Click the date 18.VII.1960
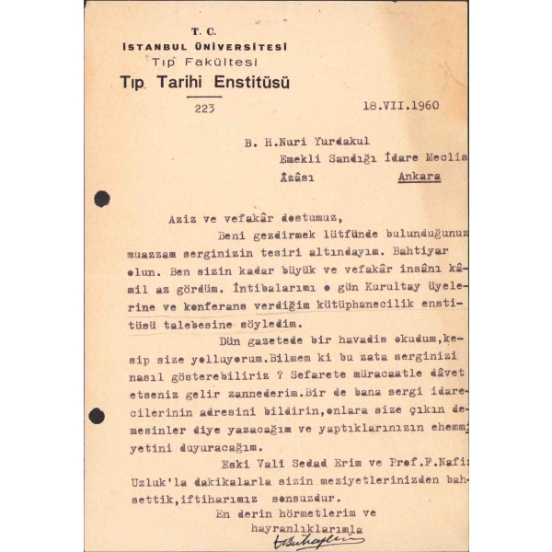[400, 105]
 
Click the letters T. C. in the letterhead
[203, 32]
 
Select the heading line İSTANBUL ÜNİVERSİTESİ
[204, 46]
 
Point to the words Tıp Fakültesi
[203, 61]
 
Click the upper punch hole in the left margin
[101, 199]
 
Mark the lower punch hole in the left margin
[97, 416]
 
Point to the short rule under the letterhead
[203, 95]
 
